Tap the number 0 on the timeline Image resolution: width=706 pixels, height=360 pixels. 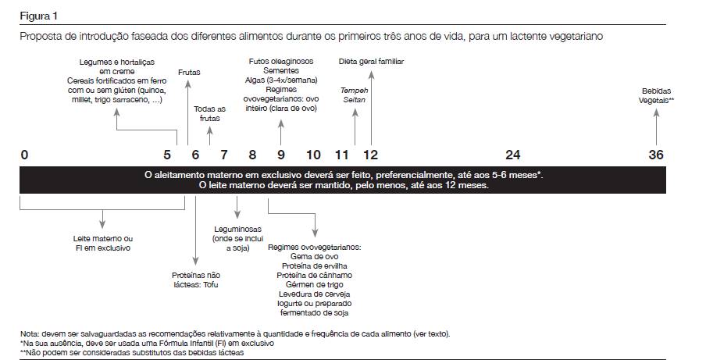coord(25,155)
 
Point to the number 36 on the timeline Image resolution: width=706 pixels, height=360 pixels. coord(656,155)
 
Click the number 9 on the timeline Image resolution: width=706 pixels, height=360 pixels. coord(280,155)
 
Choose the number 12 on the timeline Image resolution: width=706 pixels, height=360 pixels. coord(370,155)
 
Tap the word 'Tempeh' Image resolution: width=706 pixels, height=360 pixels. coord(355,90)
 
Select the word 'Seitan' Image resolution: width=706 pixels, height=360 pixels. coord(355,100)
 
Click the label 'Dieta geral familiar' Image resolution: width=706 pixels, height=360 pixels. coord(371,61)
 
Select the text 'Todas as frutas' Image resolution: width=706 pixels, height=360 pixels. coord(209,113)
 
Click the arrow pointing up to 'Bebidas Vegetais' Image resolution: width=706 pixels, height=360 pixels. coord(657,125)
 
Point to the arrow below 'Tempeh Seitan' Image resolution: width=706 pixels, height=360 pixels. coord(355,125)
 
